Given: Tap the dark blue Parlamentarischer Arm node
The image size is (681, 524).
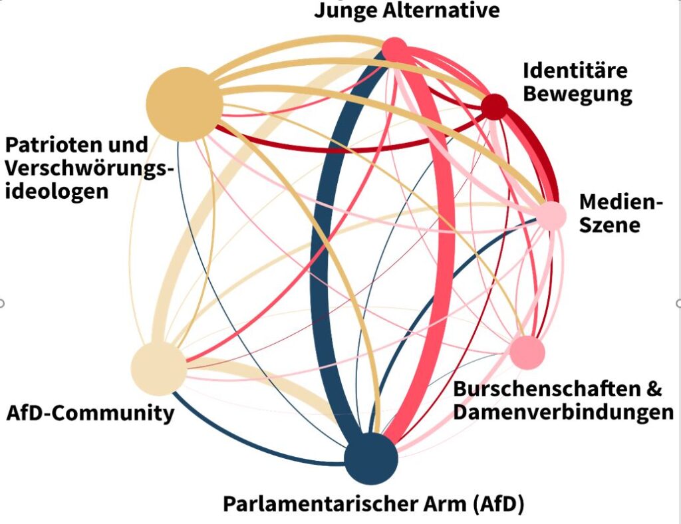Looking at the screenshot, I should (x=370, y=458).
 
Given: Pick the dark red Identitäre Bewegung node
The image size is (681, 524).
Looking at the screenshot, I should (x=494, y=106).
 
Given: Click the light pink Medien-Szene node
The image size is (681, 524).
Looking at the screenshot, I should (x=551, y=216).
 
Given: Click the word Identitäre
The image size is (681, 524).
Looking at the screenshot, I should (x=575, y=70).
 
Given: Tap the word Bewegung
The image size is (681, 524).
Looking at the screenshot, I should (x=577, y=94).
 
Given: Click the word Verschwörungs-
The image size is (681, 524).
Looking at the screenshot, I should (x=89, y=168).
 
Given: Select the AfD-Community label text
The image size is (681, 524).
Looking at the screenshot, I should (x=90, y=413).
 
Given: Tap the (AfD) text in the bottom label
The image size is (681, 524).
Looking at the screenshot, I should (x=498, y=504).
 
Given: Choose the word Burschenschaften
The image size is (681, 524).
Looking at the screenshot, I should (x=539, y=388).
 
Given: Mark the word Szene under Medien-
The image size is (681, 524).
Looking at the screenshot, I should (x=609, y=225).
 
